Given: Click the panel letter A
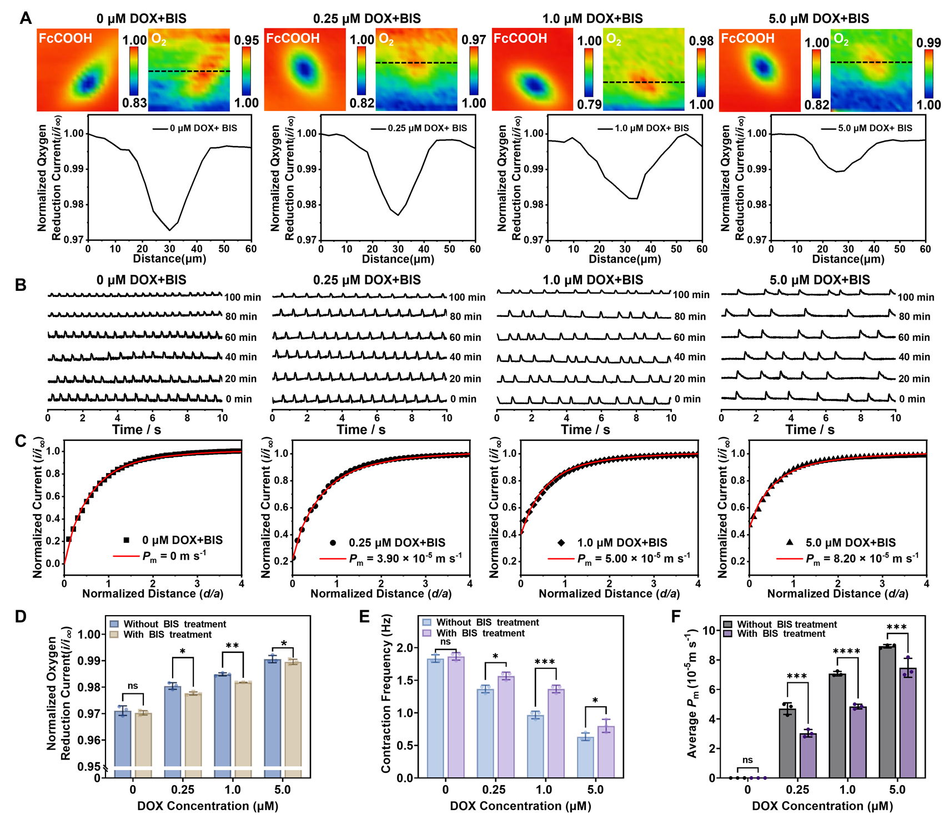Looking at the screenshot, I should [26, 18].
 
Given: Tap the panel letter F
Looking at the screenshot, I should [676, 617].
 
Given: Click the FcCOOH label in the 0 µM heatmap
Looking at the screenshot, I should [66, 38].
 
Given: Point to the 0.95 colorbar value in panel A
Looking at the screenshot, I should [247, 41].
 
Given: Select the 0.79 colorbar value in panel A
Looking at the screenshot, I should [589, 104].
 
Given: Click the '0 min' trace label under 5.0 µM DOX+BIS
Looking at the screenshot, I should [912, 399].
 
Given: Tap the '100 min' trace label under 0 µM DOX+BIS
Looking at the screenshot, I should [243, 297].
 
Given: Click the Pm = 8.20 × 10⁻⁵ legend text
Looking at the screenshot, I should [862, 559].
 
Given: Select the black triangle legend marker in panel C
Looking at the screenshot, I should [790, 542].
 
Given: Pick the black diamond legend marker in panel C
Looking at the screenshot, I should [561, 542].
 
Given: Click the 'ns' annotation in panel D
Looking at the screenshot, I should [133, 686].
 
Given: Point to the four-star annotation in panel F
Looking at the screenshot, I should [847, 651].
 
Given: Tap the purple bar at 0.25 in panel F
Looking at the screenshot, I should [807, 756].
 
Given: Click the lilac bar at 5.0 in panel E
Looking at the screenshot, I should [606, 752].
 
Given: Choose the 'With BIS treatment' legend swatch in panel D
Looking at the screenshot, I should [114, 635].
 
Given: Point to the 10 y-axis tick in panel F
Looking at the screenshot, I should [709, 630].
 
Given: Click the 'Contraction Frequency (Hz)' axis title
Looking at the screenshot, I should [386, 693].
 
